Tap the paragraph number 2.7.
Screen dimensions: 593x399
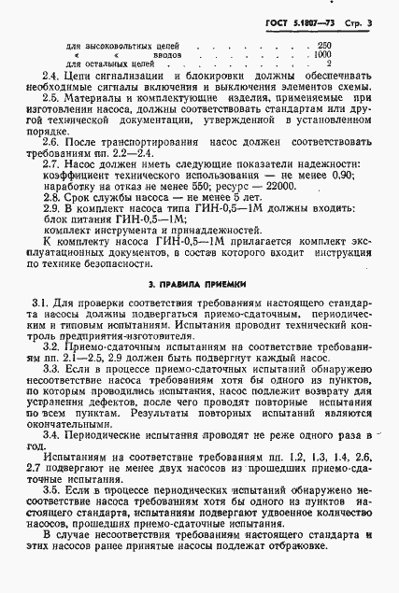(x=50, y=161)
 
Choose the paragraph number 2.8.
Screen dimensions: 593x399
(x=50, y=196)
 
